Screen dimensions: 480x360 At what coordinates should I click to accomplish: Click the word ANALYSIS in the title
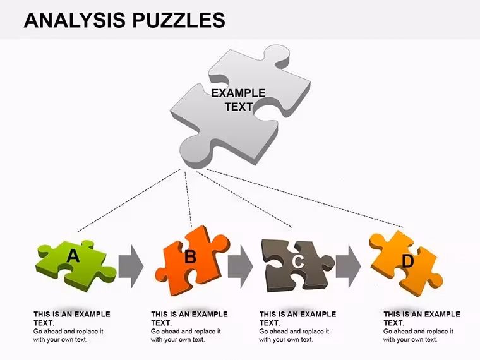[x=75, y=20]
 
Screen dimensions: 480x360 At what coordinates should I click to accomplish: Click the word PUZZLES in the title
[x=179, y=20]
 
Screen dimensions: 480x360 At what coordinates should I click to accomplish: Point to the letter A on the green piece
[x=73, y=256]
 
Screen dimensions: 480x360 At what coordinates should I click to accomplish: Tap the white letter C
[x=298, y=261]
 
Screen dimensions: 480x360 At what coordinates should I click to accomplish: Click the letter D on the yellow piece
[x=407, y=261]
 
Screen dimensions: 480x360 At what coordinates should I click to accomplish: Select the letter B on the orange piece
[x=190, y=256]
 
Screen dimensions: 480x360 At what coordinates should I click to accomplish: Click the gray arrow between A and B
[x=131, y=267]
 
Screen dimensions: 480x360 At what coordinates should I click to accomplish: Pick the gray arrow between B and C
[x=240, y=267]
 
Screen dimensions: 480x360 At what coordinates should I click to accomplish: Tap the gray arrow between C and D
[x=349, y=267]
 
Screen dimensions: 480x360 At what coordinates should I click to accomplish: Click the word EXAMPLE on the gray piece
[x=239, y=93]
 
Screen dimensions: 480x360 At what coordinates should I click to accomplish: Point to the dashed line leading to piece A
[x=129, y=200]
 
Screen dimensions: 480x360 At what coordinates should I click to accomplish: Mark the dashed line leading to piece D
[x=305, y=198]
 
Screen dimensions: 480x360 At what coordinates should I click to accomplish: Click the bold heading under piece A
[x=72, y=318]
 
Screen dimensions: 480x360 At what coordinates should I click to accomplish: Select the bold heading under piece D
[x=422, y=318]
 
